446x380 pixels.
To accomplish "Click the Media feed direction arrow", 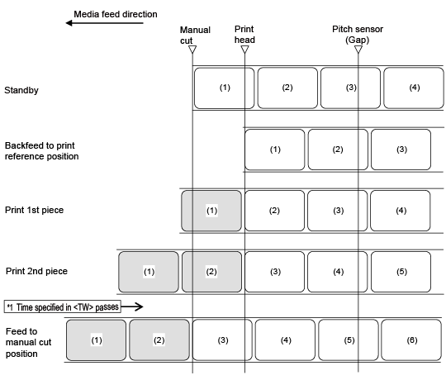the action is click(104, 23).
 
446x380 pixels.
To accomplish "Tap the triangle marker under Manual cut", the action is click(192, 50).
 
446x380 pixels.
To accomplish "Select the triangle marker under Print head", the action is click(245, 50).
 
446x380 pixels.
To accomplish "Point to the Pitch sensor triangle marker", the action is click(358, 50).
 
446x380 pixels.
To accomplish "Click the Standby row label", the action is click(21, 90).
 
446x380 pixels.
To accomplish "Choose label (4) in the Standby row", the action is click(414, 88).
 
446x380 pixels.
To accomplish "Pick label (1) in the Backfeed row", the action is click(275, 150).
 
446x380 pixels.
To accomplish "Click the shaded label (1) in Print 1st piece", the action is click(211, 211).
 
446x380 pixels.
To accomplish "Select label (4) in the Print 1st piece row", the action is click(401, 211).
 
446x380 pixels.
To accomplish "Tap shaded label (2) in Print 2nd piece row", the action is click(211, 272).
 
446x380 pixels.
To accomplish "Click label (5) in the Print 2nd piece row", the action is click(401, 272).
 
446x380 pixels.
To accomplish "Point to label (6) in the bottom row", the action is click(411, 340).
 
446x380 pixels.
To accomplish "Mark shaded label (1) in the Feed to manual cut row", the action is click(96, 340).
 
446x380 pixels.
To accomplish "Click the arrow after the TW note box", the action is click(132, 306).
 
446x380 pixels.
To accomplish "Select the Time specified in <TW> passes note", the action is click(63, 306).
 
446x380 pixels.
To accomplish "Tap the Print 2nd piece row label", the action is click(36, 271).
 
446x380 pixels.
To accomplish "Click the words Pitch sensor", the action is click(358, 29).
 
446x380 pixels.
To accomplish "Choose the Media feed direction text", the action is click(116, 14).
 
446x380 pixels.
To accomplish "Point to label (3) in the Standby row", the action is click(350, 88).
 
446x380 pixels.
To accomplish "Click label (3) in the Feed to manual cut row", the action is click(222, 340).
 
